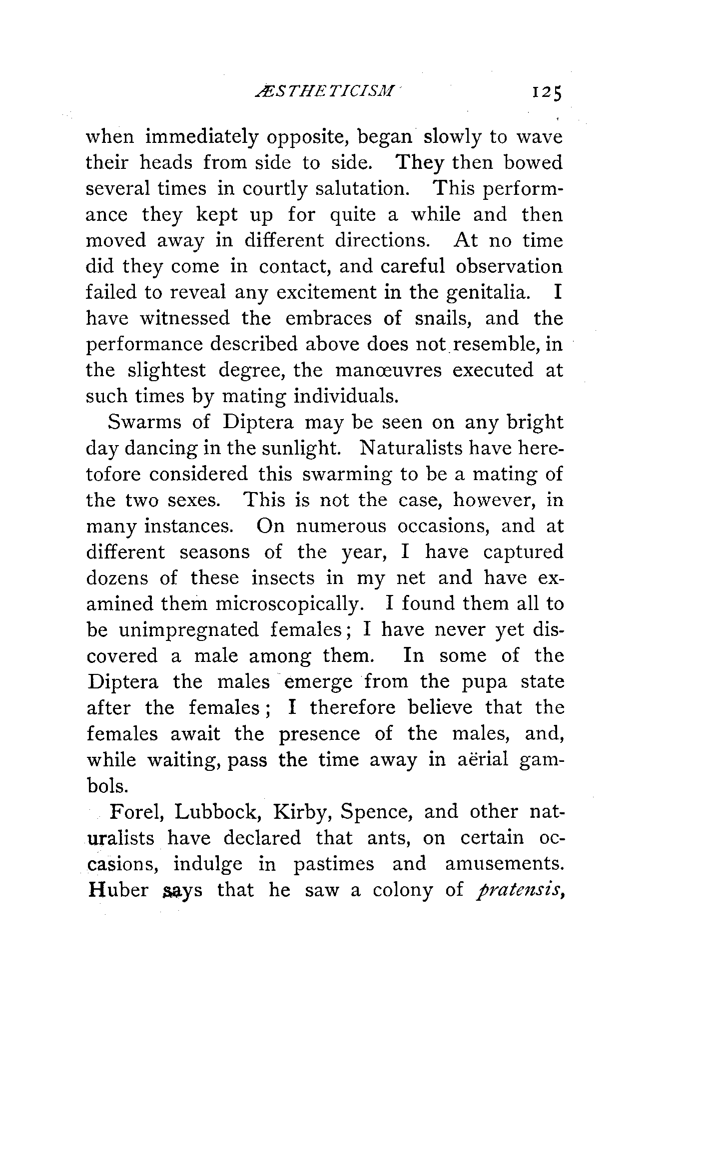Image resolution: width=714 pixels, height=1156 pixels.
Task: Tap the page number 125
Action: [547, 93]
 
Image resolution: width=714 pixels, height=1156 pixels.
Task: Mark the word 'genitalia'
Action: [488, 292]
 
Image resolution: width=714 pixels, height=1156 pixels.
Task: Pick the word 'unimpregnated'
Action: [189, 630]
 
